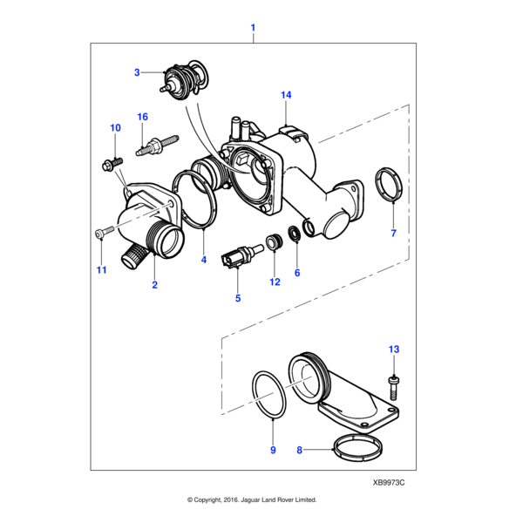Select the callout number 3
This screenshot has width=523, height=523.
point(137,72)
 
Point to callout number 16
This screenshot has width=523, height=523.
point(143,116)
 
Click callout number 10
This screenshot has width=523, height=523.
point(115,128)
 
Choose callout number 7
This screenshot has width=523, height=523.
point(393,234)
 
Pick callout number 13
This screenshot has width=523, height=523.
point(393,349)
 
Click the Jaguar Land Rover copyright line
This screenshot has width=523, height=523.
point(252,500)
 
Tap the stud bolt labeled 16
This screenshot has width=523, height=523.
point(157,144)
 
